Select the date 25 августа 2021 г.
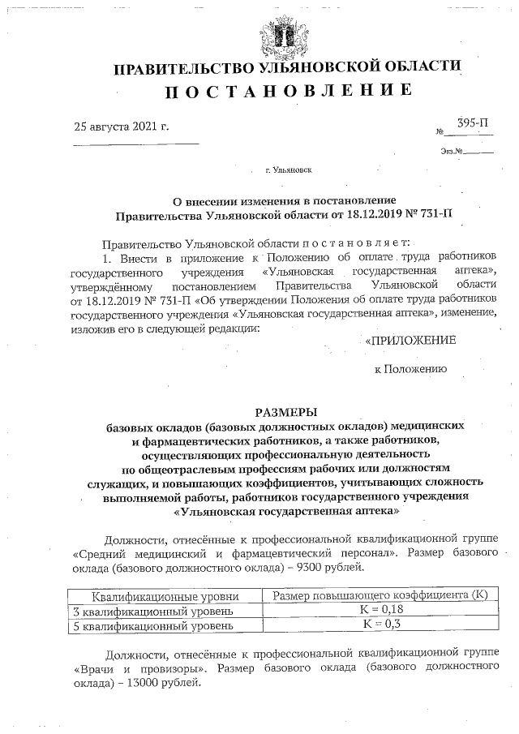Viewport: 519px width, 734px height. tap(122, 127)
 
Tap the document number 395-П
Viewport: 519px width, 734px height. tap(473, 124)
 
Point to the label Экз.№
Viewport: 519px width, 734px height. tap(452, 152)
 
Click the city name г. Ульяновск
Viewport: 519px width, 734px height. tap(287, 171)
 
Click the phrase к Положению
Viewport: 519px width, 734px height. tap(410, 368)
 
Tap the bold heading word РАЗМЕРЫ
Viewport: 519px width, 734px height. tap(287, 411)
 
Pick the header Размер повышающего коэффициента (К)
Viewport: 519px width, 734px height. tap(380, 595)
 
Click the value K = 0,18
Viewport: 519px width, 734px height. tap(380, 610)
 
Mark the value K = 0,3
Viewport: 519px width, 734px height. tap(380, 625)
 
